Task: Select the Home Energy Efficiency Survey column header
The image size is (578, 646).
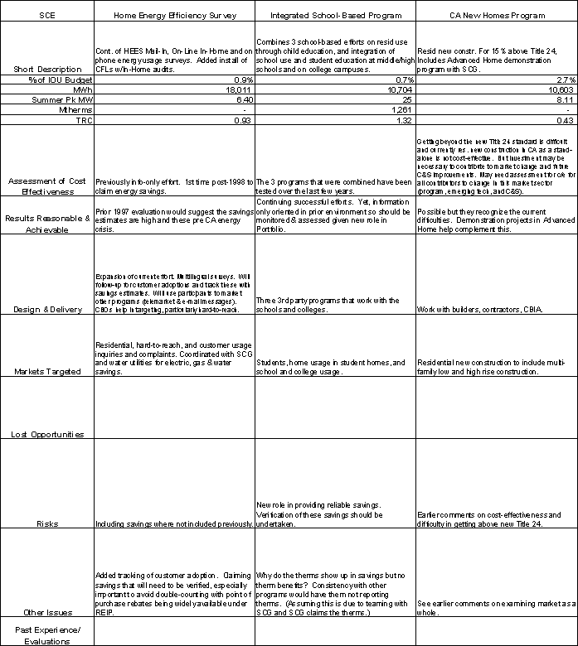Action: click(x=172, y=16)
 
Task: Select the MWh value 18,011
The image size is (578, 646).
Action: click(x=238, y=89)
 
